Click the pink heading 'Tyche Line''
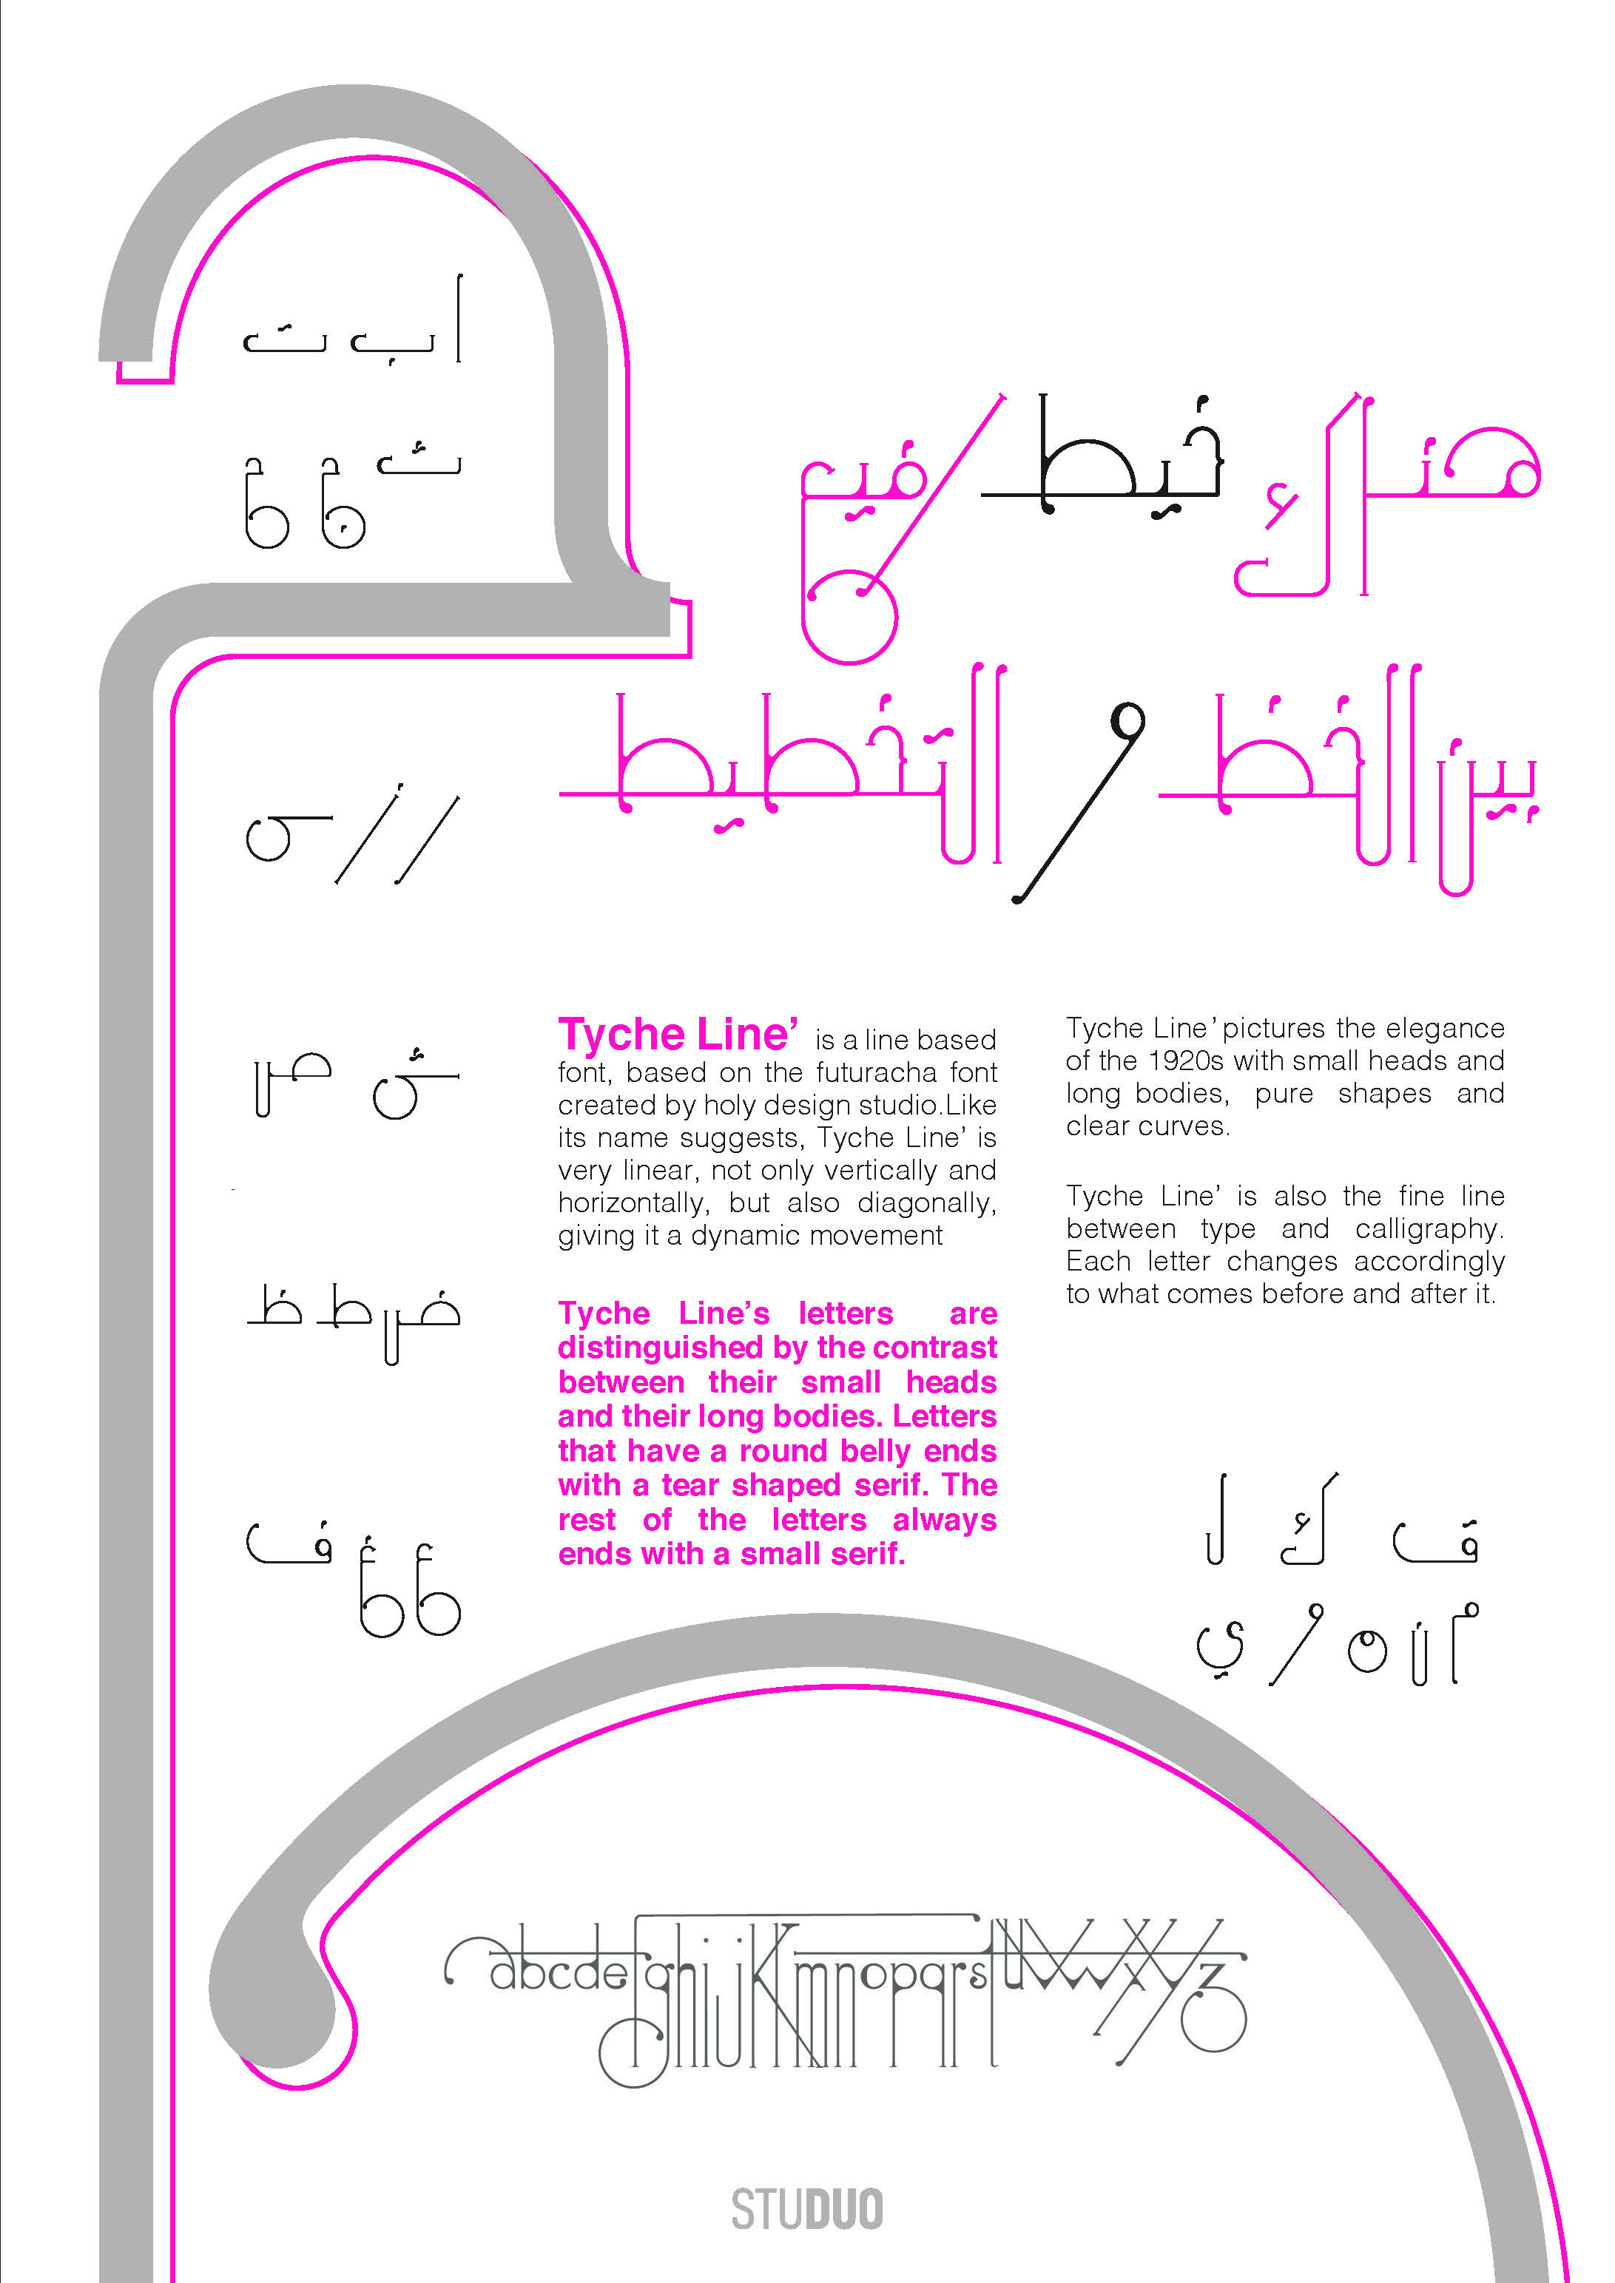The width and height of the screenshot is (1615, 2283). [677, 1035]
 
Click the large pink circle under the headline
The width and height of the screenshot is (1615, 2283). [849, 617]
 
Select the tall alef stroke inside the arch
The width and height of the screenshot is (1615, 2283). [459, 318]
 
